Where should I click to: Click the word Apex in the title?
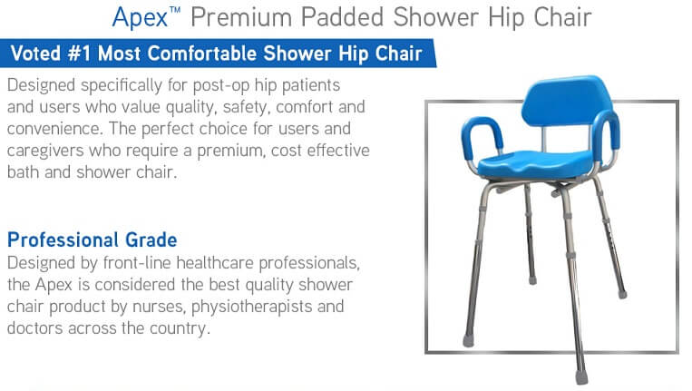click(x=140, y=18)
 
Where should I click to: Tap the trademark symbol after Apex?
click(x=175, y=10)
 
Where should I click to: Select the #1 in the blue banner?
click(x=80, y=54)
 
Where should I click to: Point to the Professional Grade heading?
click(x=93, y=240)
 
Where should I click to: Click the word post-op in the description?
click(x=221, y=85)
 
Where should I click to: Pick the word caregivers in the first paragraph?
click(x=45, y=151)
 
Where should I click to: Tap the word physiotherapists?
click(x=251, y=307)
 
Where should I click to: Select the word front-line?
click(x=137, y=263)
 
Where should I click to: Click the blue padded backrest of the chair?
click(x=566, y=101)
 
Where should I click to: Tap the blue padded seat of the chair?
click(x=535, y=163)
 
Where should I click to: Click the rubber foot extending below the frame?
click(x=581, y=376)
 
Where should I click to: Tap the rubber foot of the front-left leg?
click(x=468, y=341)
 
